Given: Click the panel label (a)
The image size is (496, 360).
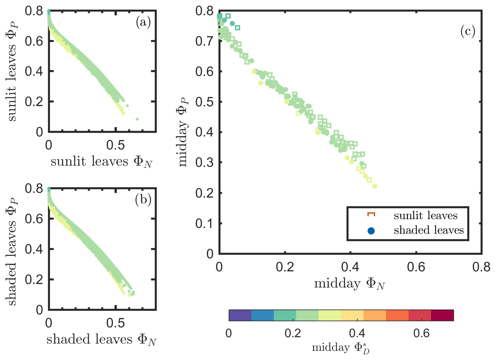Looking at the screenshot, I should coord(143,22).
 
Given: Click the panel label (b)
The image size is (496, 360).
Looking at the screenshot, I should coord(143,200).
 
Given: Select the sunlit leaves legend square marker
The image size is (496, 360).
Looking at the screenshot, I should coord(371,215).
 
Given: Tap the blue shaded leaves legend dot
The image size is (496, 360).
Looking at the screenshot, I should coord(371,231).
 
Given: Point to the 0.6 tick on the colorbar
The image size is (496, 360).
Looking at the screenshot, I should coord(422,333).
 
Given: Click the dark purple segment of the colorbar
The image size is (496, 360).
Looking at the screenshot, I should coord(240,315).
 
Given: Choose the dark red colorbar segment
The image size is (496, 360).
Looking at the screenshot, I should coord(442,315).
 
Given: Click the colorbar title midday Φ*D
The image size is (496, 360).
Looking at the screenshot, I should coord(341,348).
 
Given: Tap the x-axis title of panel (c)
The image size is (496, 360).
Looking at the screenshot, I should coord(350,284).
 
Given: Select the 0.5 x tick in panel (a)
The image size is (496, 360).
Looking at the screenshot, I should coord(116,145).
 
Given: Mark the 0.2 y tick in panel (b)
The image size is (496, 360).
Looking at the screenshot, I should coord(35,280).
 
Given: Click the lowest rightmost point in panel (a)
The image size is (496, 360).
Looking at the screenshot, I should coord(137,119).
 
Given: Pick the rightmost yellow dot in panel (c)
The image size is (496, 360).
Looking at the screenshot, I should coord(375,186).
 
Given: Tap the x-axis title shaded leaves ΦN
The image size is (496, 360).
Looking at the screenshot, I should coord(101,340).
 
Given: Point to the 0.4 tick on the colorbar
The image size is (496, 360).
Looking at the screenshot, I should coord(357,333).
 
